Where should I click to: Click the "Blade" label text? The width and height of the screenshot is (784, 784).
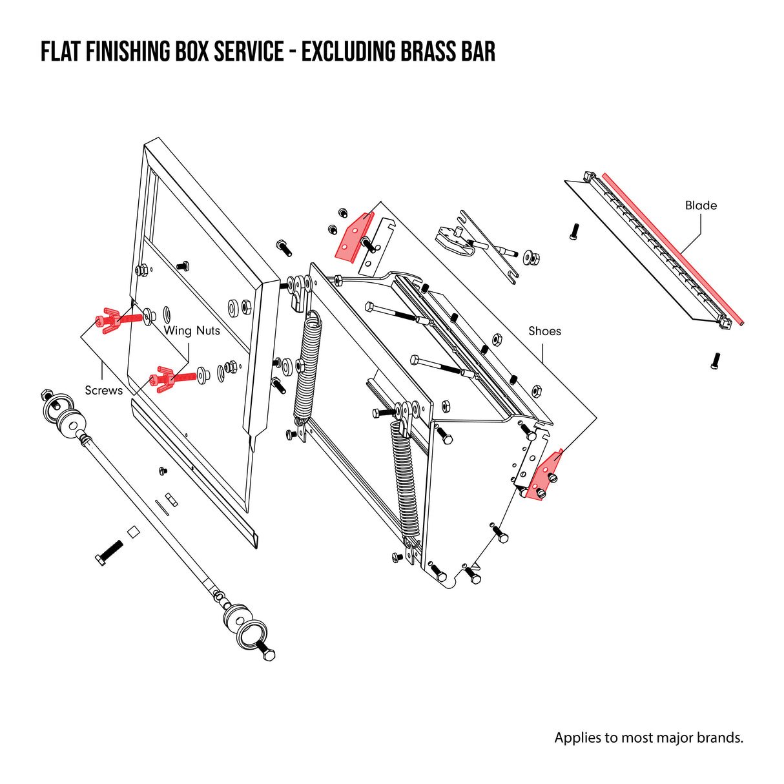pyautogui.click(x=701, y=205)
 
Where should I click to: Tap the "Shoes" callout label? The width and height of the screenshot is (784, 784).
pyautogui.click(x=544, y=331)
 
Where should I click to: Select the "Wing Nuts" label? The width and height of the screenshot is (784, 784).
pyautogui.click(x=192, y=331)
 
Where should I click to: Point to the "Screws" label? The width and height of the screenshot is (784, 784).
pyautogui.click(x=103, y=390)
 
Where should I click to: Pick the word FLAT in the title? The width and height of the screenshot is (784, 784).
pyautogui.click(x=61, y=52)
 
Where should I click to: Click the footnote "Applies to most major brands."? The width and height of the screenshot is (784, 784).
pyautogui.click(x=648, y=738)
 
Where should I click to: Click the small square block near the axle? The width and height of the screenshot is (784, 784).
pyautogui.click(x=134, y=531)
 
